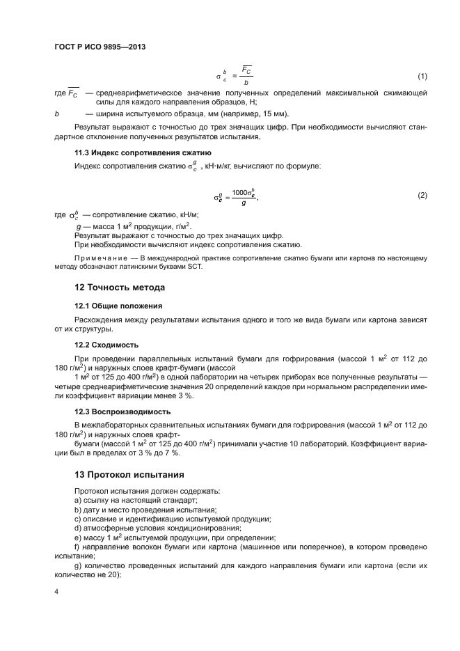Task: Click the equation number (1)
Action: (x=422, y=76)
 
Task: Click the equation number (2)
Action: (x=422, y=196)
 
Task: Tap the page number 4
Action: (x=56, y=591)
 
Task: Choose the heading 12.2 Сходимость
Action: (x=106, y=345)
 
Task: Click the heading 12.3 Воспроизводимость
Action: (x=122, y=411)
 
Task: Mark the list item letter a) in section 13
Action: (x=77, y=501)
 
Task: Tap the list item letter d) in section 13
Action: (x=77, y=528)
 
